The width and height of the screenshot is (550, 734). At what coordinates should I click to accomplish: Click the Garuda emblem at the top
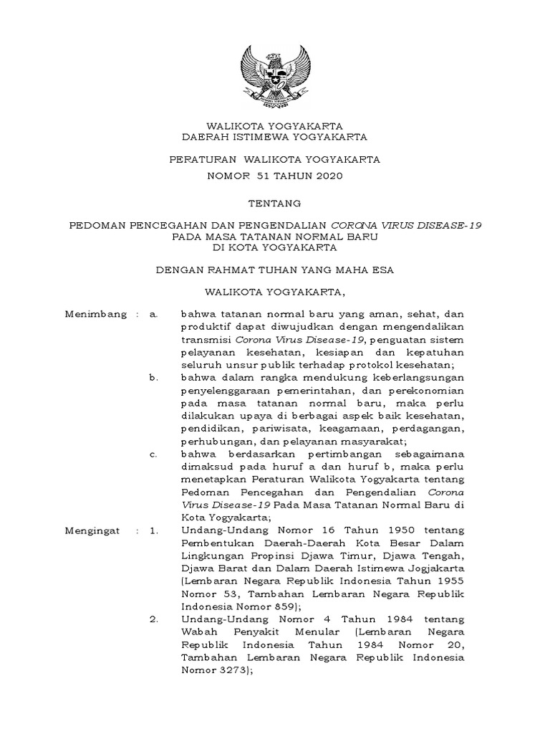click(x=274, y=77)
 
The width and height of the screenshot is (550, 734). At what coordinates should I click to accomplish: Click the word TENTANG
click(x=274, y=204)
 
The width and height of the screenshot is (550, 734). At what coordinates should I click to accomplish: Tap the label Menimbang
click(x=90, y=313)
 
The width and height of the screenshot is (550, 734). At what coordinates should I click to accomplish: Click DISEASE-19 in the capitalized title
click(x=453, y=224)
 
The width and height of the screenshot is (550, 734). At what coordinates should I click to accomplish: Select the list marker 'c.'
click(x=153, y=454)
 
